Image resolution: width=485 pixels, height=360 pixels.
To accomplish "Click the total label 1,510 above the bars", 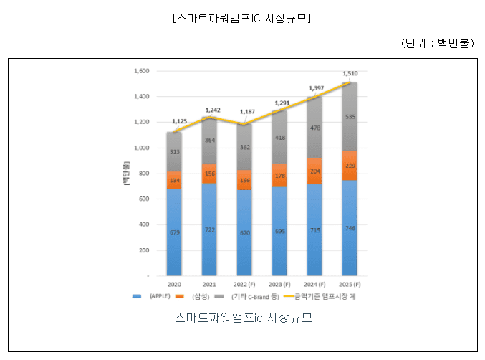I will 350,73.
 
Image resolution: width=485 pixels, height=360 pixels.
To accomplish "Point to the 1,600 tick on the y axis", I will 140,71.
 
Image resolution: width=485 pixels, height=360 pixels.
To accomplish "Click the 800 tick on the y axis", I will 143,174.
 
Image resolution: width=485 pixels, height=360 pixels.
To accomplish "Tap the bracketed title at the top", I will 241,18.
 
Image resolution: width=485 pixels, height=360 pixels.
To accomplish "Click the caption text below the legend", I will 243,317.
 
